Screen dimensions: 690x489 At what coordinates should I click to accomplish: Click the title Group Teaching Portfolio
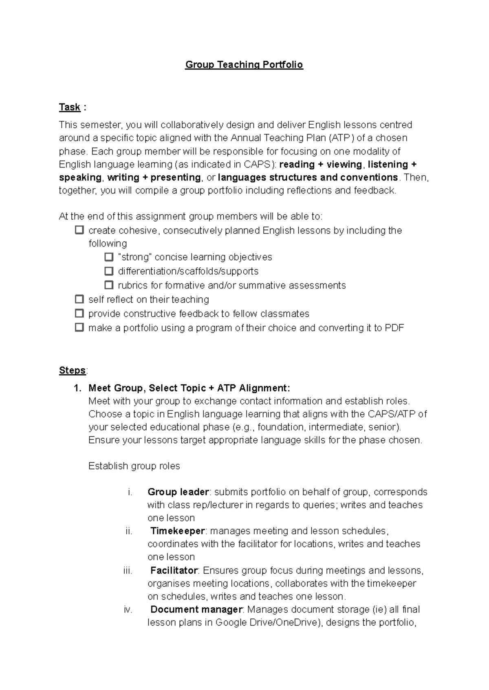click(x=244, y=65)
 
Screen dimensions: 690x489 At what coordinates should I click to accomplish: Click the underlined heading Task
click(x=70, y=107)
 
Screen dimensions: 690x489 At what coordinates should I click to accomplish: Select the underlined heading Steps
click(x=72, y=370)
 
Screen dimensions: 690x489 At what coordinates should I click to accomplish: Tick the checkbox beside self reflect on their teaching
click(x=79, y=299)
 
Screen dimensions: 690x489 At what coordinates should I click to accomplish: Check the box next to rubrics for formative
click(x=108, y=285)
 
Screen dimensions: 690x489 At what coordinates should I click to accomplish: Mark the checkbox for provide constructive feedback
click(x=79, y=314)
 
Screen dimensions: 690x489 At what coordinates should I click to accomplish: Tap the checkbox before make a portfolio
click(x=79, y=327)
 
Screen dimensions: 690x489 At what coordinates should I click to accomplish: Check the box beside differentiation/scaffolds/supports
click(x=108, y=271)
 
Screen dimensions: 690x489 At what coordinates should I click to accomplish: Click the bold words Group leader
click(x=178, y=492)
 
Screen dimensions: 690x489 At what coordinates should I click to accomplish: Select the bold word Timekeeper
click(x=178, y=531)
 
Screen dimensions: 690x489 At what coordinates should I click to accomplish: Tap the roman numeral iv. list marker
click(x=128, y=610)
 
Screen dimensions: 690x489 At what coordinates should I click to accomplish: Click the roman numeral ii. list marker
click(x=129, y=531)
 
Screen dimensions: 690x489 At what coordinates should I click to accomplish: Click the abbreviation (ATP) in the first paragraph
click(x=341, y=138)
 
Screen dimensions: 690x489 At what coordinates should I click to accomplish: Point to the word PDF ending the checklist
click(x=394, y=328)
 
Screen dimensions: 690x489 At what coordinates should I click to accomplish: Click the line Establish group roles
click(x=134, y=466)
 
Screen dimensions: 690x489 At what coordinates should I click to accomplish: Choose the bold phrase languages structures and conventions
click(x=308, y=178)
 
